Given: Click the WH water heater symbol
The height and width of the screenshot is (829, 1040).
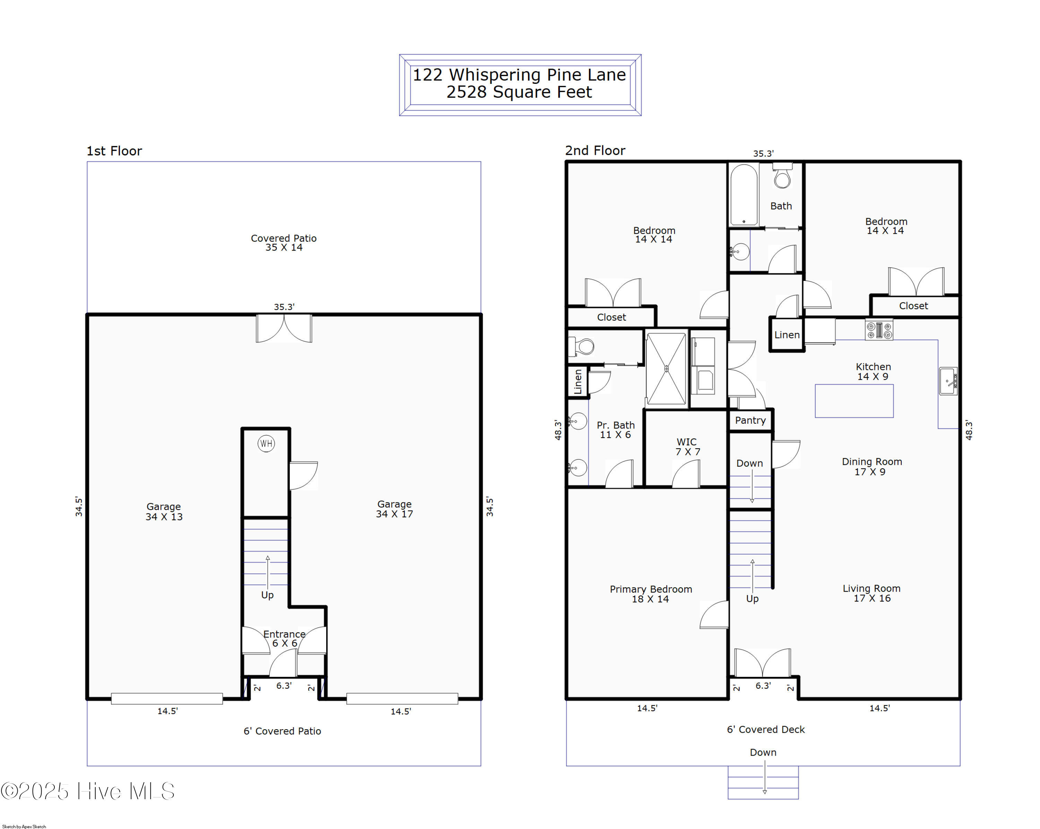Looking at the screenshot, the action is point(266,443).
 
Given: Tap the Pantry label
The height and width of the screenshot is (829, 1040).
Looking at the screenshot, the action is point(750,420).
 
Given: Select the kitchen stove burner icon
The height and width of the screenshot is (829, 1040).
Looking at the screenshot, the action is point(879,330).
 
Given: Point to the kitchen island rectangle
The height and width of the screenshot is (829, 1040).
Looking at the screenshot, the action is point(854,401).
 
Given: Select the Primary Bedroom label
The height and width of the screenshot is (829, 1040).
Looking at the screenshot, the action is point(651,594).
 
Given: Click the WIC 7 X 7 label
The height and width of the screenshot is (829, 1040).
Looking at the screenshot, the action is point(687,447).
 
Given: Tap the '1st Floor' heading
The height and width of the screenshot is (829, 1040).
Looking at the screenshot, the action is point(114,151).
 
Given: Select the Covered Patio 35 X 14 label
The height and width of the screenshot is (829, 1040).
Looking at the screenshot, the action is point(284,242).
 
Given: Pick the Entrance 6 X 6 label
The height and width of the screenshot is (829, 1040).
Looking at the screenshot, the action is point(284,638).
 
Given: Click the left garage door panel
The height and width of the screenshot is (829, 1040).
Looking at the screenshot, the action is point(167,698).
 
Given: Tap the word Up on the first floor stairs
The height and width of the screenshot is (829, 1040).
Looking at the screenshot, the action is point(267,595).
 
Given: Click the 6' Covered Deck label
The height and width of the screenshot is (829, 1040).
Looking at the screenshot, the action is point(765,730).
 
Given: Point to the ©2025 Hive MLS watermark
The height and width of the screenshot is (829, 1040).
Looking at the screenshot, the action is point(87,791).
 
